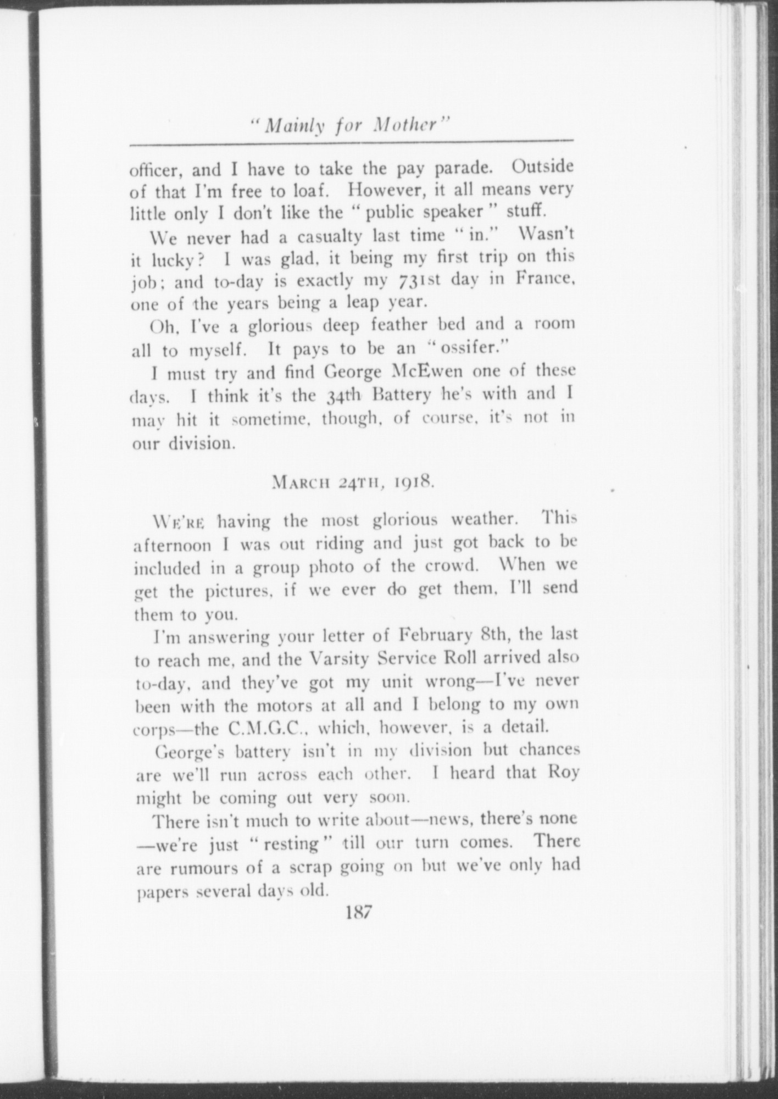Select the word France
(544, 278)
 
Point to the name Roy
(563, 773)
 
